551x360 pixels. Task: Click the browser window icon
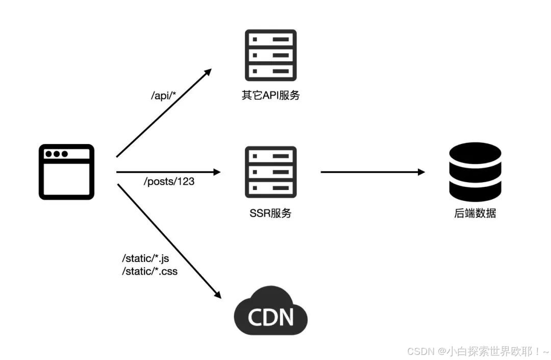(x=66, y=172)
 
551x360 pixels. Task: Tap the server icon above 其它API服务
(x=270, y=55)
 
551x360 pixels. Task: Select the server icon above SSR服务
(x=270, y=172)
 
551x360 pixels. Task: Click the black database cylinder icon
(x=475, y=172)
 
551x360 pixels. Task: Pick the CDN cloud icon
(x=270, y=311)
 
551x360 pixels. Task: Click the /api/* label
(x=163, y=95)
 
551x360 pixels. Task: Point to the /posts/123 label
(x=169, y=181)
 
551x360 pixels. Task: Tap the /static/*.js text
(x=145, y=258)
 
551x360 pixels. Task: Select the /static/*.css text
(x=149, y=271)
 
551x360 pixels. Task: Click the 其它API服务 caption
(x=270, y=95)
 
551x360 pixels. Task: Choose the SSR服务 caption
(x=270, y=213)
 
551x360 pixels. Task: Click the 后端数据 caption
(x=475, y=213)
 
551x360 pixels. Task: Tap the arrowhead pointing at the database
(x=421, y=172)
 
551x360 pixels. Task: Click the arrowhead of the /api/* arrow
(x=208, y=72)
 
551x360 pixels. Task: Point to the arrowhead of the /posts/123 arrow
(x=217, y=172)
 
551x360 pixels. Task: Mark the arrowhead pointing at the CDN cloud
(x=217, y=295)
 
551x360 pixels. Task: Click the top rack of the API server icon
(x=270, y=39)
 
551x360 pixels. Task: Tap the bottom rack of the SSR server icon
(x=270, y=188)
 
